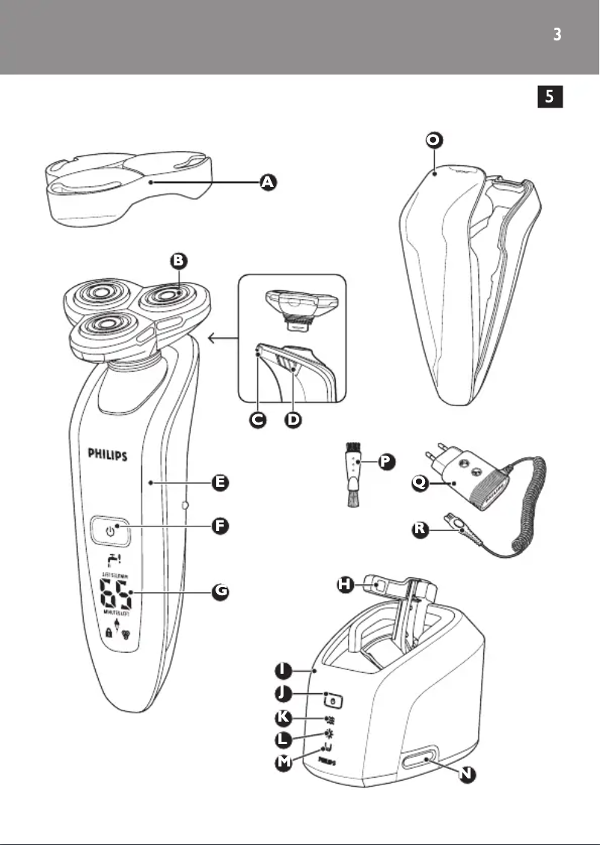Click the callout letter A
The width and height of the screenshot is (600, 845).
click(266, 182)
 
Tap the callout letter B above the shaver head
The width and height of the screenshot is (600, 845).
click(178, 261)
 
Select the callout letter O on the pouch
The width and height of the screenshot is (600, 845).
click(432, 141)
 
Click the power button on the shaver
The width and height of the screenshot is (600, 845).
click(111, 532)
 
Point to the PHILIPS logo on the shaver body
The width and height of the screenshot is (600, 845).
click(108, 454)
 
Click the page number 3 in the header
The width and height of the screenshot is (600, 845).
click(556, 34)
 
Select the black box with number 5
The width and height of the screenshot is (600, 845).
click(550, 96)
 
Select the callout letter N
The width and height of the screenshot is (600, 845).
click(467, 775)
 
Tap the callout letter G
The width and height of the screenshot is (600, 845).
click(219, 591)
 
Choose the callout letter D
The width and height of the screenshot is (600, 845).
click(293, 420)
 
